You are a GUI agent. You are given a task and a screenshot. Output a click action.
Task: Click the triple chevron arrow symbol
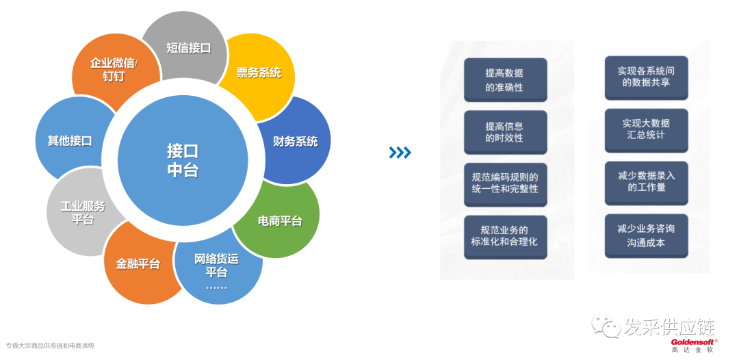(x=400, y=152)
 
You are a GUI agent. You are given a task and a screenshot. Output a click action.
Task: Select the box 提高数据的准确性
(x=505, y=79)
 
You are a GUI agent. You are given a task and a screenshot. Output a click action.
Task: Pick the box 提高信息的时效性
(x=505, y=131)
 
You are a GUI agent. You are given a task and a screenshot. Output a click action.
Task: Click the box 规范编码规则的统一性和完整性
(x=505, y=183)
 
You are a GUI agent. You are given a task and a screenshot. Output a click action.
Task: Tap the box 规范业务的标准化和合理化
(x=505, y=236)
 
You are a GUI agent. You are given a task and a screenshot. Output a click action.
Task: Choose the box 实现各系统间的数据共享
(x=646, y=77)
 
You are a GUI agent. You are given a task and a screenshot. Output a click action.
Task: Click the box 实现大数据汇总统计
(x=646, y=129)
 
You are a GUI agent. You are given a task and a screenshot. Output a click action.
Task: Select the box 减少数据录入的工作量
(x=646, y=182)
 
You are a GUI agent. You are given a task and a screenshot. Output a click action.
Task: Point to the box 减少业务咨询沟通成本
(x=646, y=235)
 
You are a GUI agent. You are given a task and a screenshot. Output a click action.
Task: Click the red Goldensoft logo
(x=693, y=342)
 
